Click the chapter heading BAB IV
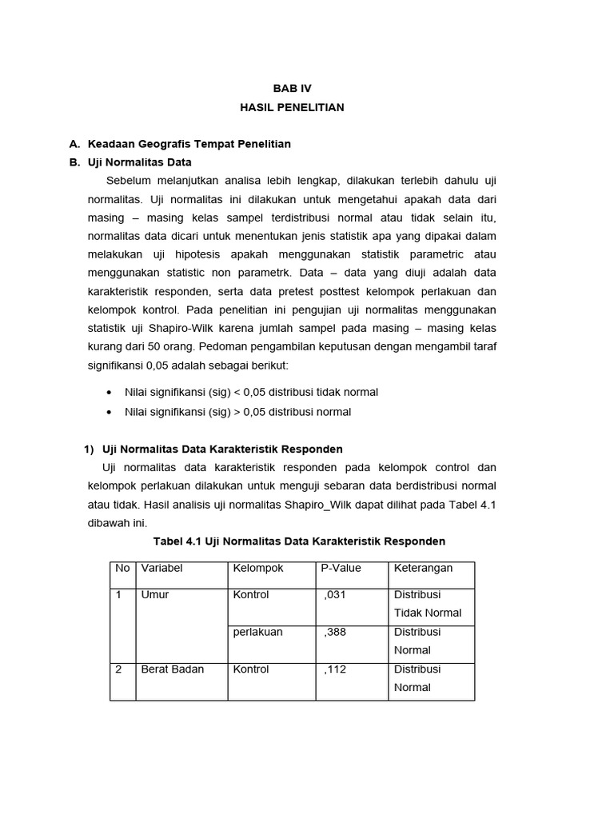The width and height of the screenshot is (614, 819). click(x=292, y=89)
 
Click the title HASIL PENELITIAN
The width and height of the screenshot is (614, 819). click(x=292, y=107)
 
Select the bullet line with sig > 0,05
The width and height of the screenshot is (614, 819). click(x=237, y=412)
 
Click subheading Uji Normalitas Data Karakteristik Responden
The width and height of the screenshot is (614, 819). click(x=222, y=449)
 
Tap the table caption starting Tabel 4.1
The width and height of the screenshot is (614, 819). click(x=299, y=541)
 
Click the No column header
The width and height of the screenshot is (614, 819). click(x=122, y=569)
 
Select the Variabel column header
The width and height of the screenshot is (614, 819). click(x=162, y=569)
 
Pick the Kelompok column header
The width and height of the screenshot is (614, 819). click(x=257, y=569)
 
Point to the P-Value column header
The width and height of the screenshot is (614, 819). click(x=341, y=569)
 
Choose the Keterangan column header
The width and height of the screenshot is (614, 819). click(x=423, y=569)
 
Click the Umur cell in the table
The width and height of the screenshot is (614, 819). click(x=155, y=595)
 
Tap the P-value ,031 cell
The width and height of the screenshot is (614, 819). click(x=335, y=595)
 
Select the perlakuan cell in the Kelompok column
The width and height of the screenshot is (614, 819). click(x=257, y=632)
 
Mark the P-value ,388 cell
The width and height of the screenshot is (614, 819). click(x=335, y=632)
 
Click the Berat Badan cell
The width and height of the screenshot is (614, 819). click(x=173, y=669)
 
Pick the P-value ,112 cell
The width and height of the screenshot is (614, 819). click(x=335, y=669)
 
